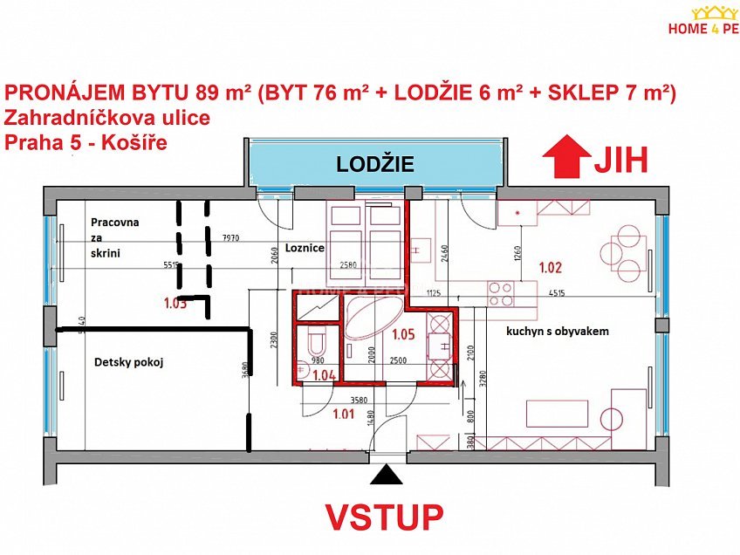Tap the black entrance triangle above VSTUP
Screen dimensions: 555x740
tap(386, 475)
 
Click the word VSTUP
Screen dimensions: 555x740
tap(384, 517)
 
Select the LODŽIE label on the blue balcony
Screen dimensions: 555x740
tap(375, 164)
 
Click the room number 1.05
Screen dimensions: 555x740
tap(403, 333)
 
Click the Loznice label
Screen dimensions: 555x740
tap(305, 248)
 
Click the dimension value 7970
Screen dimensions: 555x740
tap(231, 236)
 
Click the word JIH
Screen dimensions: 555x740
tap(622, 159)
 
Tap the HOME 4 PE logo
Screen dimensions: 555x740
tap(702, 22)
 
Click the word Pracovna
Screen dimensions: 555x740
tap(115, 223)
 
